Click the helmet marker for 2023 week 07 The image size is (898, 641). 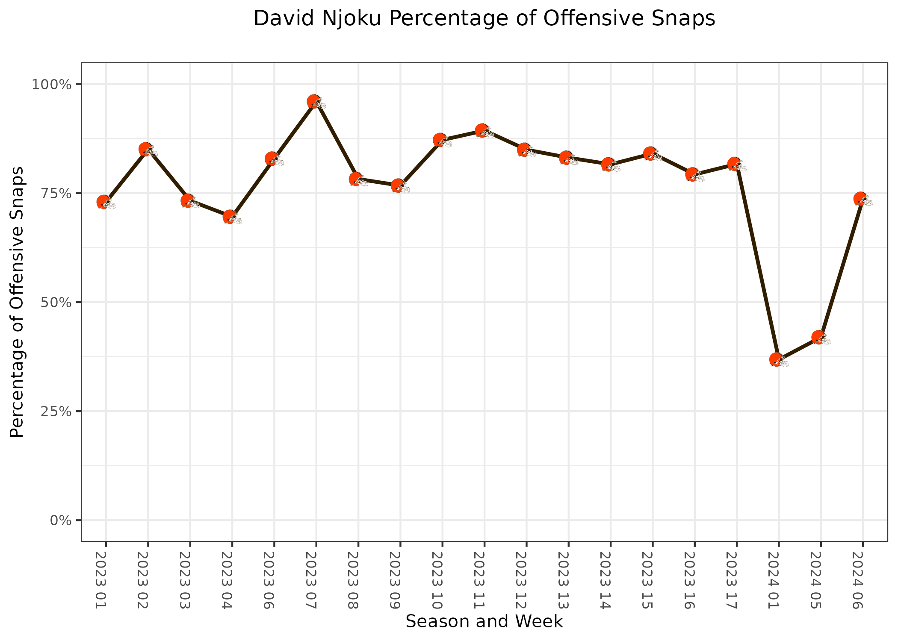(315, 102)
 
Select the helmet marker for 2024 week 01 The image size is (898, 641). (778, 360)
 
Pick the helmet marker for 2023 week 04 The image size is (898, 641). (231, 217)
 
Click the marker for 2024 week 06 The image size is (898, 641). (862, 199)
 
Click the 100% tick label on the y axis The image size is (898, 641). (51, 84)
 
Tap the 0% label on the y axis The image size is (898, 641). (60, 520)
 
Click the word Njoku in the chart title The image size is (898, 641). (351, 19)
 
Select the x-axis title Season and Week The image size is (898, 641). (484, 621)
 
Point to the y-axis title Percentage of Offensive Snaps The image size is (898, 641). (17, 302)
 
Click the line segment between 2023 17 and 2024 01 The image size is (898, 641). (756, 262)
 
